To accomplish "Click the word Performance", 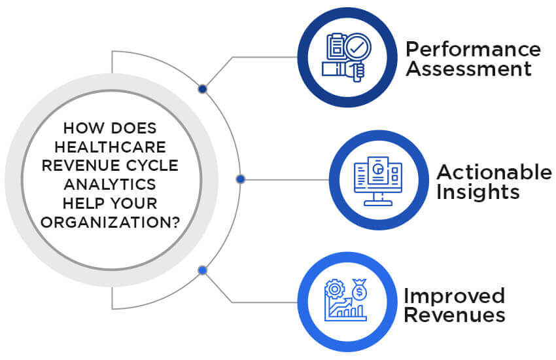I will pos(473,50).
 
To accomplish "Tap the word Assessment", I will pos(468,69).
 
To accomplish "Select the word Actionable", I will pos(494,172).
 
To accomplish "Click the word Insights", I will pos(478,192).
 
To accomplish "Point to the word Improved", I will pos(454,295).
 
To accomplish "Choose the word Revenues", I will pos(454,315).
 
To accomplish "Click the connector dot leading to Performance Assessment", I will pos(203,89).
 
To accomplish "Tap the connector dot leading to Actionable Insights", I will pos(240,179).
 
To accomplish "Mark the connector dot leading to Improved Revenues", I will pos(202,270).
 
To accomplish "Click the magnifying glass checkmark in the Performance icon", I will pos(357,48).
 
